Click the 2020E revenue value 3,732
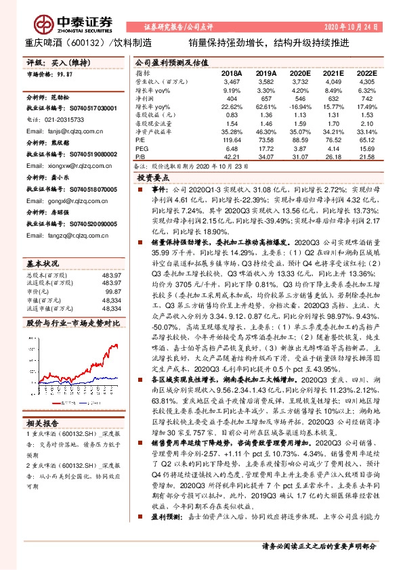coord(299,81)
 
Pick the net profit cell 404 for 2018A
coord(232,98)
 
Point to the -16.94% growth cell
coord(298,107)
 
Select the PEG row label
coord(142,149)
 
